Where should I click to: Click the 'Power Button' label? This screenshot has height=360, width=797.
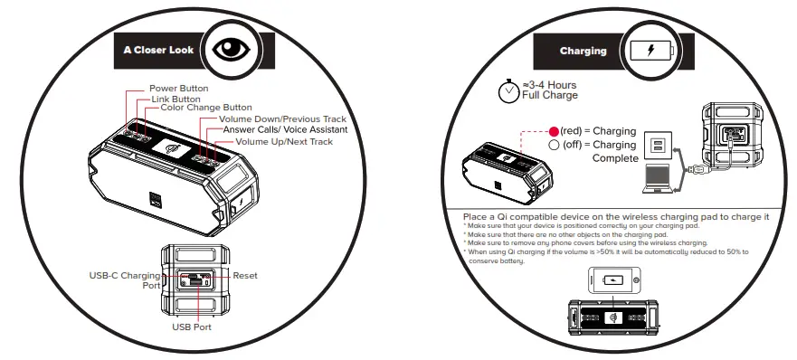pyautogui.click(x=179, y=89)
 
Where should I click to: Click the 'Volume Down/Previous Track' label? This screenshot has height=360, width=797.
pyautogui.click(x=282, y=119)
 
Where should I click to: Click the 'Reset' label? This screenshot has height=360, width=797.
pyautogui.click(x=245, y=274)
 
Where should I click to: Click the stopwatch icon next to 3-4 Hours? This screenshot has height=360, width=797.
pyautogui.click(x=509, y=90)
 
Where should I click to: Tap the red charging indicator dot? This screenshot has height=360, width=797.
pyautogui.click(x=554, y=131)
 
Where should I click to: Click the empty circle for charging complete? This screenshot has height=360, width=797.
pyautogui.click(x=554, y=145)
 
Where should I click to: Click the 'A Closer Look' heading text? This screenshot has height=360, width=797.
pyautogui.click(x=157, y=51)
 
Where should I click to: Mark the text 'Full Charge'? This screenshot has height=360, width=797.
pyautogui.click(x=550, y=96)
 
